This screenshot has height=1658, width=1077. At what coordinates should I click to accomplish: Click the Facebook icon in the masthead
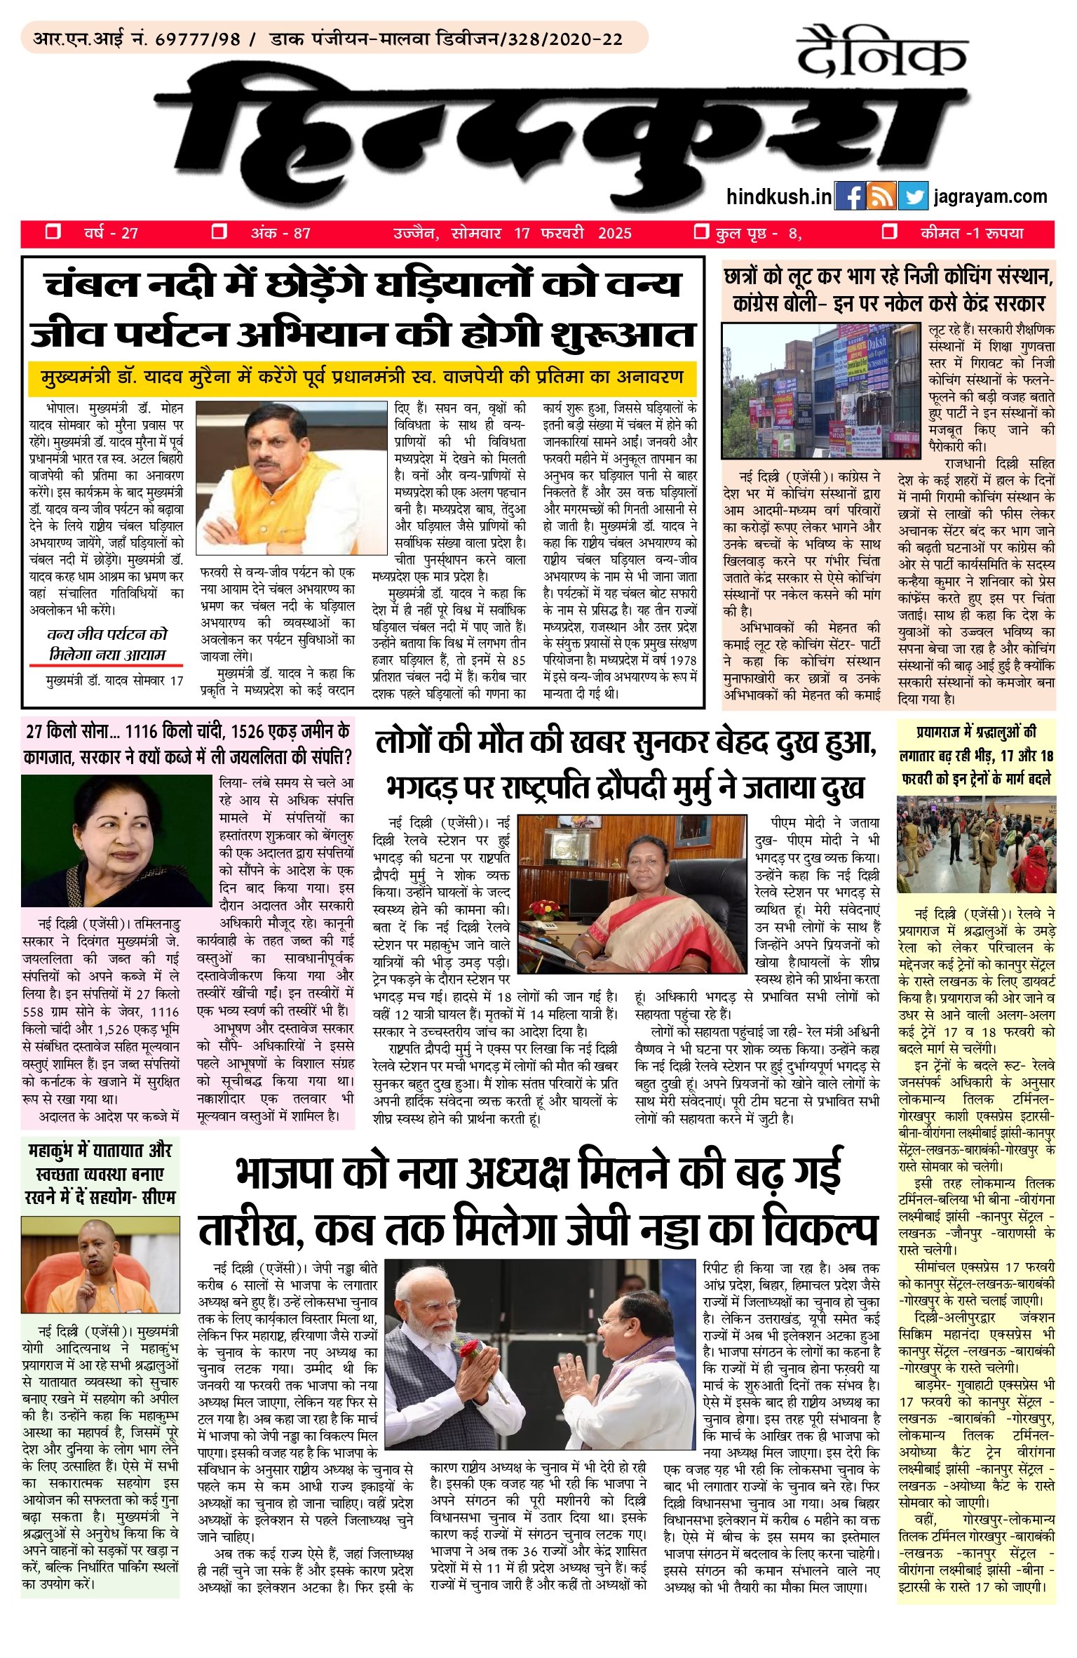850,196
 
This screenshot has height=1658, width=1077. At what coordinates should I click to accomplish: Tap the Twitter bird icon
913,196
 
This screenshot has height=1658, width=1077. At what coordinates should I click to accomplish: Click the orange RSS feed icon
881,196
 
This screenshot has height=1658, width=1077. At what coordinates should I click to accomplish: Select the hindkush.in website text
779,197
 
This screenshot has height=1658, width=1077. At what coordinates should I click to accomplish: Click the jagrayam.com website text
990,197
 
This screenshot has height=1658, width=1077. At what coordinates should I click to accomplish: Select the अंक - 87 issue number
280,233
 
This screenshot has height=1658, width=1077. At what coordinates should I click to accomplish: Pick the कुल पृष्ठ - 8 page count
758,233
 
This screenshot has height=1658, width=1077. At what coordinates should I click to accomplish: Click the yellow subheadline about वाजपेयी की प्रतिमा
362,376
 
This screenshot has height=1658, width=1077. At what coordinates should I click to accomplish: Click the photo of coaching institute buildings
820,390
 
